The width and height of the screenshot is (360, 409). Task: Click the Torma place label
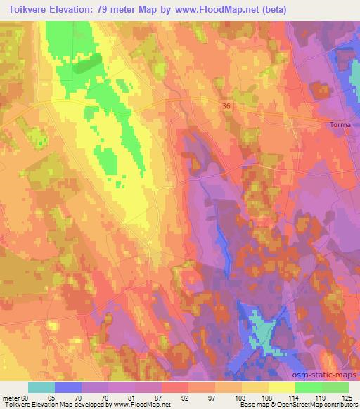tap(340, 126)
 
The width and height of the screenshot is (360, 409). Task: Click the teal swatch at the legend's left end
tap(41, 387)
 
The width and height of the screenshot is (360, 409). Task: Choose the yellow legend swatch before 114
tap(282, 387)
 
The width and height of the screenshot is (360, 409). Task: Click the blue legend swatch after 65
tap(67, 387)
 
